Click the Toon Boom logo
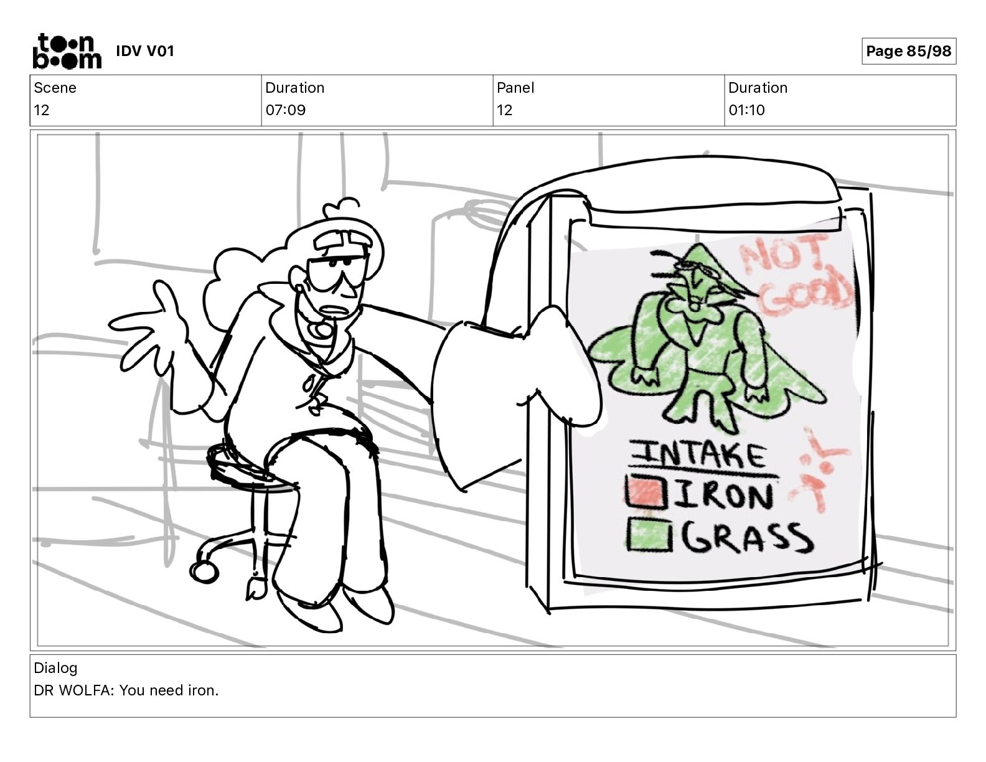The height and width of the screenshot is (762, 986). (x=67, y=51)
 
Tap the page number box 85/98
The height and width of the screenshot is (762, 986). (x=908, y=51)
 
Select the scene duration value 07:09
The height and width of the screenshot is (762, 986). (x=286, y=110)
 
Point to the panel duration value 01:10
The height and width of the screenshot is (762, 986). (x=746, y=110)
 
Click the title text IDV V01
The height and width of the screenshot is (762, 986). (x=145, y=51)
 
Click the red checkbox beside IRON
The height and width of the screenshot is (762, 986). (x=646, y=492)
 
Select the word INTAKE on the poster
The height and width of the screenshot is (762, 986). (x=698, y=455)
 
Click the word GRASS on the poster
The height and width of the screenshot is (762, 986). (x=746, y=537)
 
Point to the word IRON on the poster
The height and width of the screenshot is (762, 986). (x=724, y=495)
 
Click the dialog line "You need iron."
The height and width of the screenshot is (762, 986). (x=169, y=690)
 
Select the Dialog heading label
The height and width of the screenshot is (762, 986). (x=55, y=668)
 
